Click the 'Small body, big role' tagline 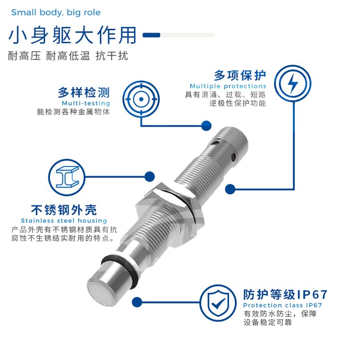coord(56,12)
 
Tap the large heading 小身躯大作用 coord(72,35)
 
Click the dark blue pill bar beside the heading coord(152,35)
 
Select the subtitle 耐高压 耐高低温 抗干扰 coord(68,56)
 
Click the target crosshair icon coord(141,99)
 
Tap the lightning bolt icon coord(293,84)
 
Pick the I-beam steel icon coord(67,177)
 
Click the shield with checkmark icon coord(218,303)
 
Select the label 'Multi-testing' coord(86,103)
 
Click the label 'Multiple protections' coord(228,86)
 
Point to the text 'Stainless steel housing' coord(64,221)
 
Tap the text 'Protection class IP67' coord(283,305)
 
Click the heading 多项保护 coord(240,75)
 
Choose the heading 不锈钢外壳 coord(64,210)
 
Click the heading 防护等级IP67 coord(286,295)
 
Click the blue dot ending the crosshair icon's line coord(206,126)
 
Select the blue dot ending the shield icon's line coord(137,302)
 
